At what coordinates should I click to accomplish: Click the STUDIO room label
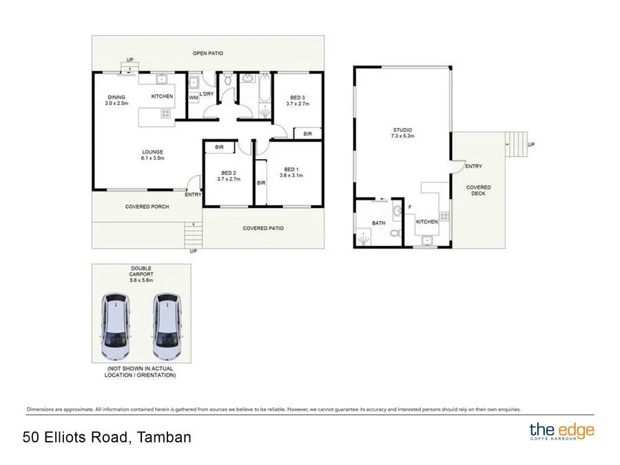403,132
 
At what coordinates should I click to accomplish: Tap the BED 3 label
298,100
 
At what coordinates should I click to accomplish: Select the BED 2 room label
229,175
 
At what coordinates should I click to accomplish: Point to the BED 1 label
291,172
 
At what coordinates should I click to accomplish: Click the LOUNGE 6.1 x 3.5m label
152,155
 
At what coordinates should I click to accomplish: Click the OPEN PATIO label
207,53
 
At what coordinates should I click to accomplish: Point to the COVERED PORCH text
147,207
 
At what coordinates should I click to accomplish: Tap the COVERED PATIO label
263,228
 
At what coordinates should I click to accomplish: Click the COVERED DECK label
478,190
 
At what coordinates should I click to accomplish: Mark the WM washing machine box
194,98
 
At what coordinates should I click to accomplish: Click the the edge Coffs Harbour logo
561,433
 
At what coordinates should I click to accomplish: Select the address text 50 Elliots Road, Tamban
107,437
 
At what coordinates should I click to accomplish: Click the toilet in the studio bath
394,234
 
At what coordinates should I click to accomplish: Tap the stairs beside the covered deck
515,145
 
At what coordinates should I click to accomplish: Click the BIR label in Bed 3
307,134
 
